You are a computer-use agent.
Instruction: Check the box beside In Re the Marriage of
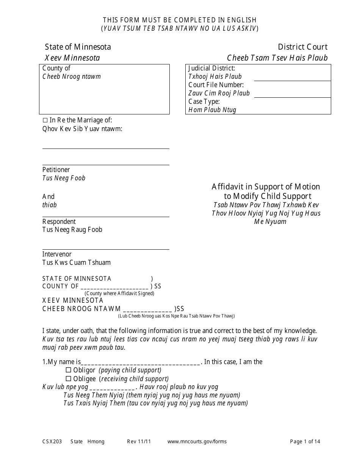tap(45, 120)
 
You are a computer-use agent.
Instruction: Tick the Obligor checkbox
tap(69, 370)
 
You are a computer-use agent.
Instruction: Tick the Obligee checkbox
tap(69, 378)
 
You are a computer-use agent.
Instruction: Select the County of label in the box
tap(56, 68)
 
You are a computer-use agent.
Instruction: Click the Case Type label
tap(204, 102)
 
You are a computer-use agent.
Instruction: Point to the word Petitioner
tap(56, 170)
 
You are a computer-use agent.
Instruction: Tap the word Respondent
tap(59, 222)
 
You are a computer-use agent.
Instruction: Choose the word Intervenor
tap(57, 254)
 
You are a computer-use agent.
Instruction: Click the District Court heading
tap(302, 47)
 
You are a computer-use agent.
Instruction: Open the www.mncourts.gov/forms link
tap(197, 441)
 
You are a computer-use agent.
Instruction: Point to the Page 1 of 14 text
tap(305, 441)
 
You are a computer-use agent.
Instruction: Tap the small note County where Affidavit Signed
tap(119, 293)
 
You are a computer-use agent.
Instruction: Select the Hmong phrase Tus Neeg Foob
tap(64, 178)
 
